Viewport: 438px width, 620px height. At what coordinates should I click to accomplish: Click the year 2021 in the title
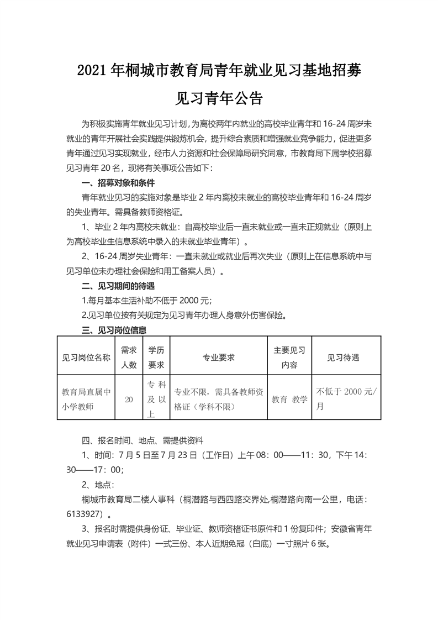tap(92, 71)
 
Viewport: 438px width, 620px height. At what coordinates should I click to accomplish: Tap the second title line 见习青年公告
tap(218, 98)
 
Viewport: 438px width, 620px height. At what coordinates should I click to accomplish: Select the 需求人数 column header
tap(129, 357)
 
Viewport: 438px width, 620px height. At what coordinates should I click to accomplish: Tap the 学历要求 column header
tap(156, 357)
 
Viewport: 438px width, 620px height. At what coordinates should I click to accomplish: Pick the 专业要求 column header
tap(219, 357)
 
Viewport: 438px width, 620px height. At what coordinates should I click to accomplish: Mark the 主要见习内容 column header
tap(289, 357)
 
